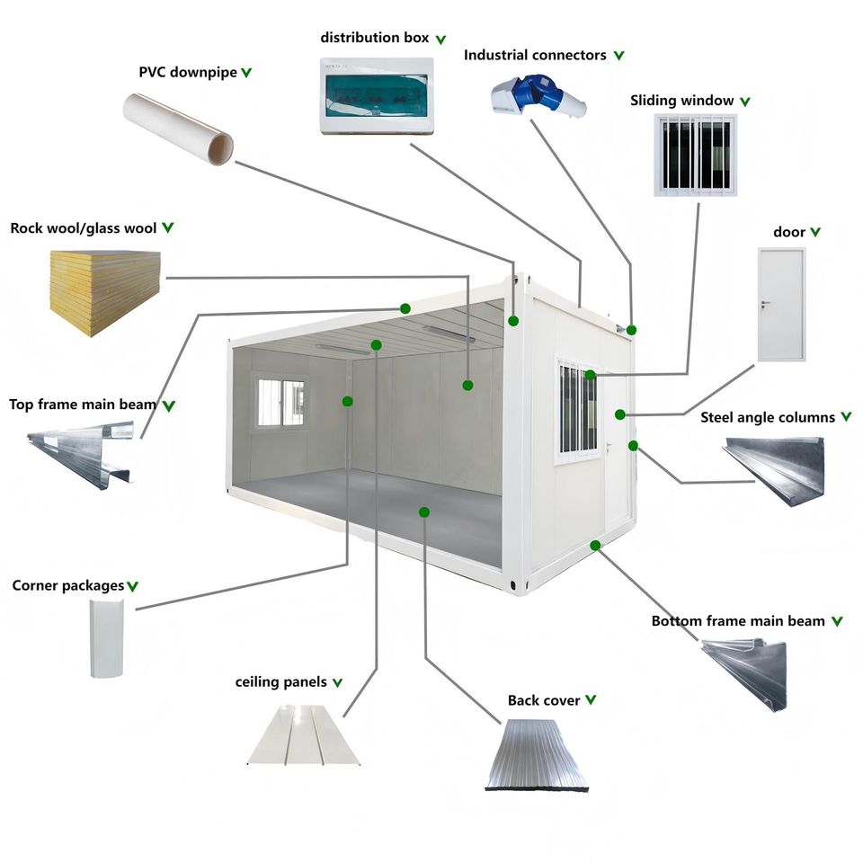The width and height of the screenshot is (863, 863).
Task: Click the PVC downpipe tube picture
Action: click(178, 129)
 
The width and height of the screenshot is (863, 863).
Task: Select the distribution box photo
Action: click(377, 96)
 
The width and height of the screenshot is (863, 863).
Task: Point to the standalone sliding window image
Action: click(695, 155)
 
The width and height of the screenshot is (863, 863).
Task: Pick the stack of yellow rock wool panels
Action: click(105, 293)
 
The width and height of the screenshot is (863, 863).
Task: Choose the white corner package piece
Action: click(107, 638)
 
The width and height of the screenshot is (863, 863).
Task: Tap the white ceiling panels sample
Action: click(305, 734)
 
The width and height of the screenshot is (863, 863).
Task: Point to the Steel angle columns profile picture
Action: click(775, 469)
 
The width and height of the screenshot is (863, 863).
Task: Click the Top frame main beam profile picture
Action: click(81, 454)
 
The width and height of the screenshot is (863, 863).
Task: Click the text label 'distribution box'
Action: click(374, 38)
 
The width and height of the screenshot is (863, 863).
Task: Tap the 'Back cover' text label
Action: click(543, 700)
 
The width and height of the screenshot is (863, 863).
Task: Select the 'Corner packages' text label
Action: click(67, 585)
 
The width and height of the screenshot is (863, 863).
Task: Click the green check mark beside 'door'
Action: click(815, 232)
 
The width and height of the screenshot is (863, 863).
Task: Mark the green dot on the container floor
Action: click(423, 512)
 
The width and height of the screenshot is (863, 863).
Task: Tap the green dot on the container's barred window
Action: click(590, 376)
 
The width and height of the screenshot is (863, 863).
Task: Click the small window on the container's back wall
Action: click(281, 403)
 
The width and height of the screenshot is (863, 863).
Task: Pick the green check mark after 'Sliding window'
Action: click(744, 102)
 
